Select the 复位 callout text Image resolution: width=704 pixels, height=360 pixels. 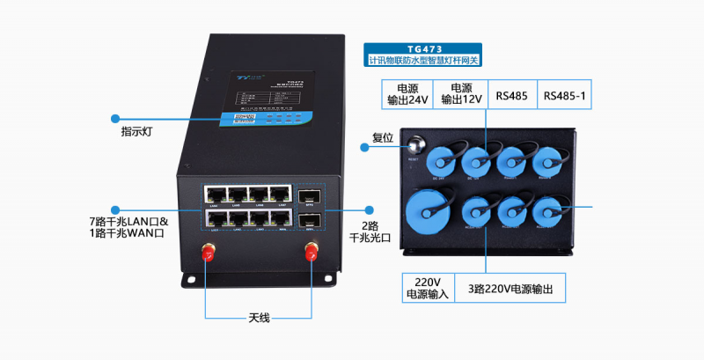pos(384,136)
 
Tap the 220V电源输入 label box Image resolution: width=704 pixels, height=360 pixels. pos(428,288)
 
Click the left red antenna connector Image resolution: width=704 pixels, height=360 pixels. pos(209,253)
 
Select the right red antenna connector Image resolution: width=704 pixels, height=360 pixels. pos(310,253)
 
